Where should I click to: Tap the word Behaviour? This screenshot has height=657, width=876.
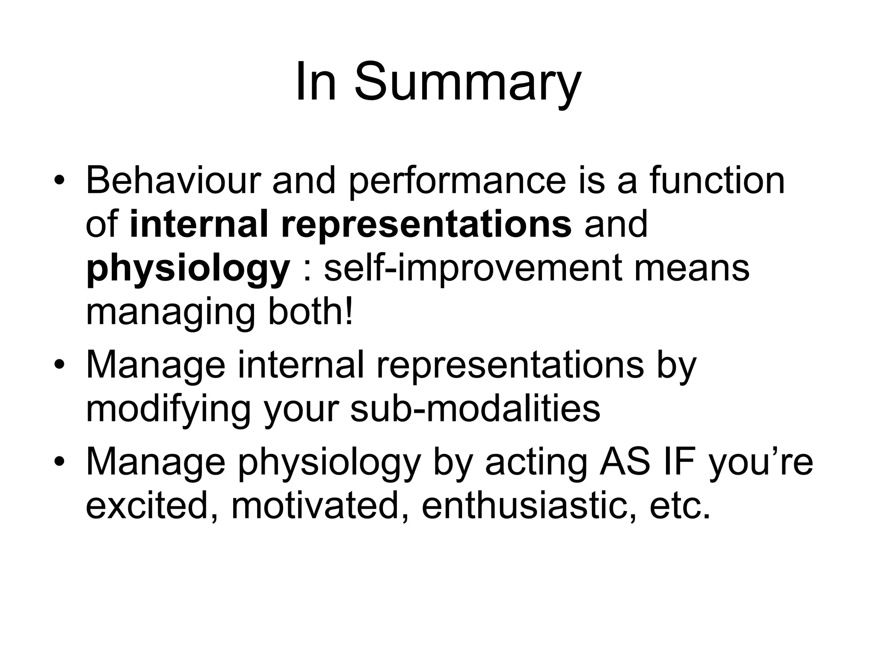click(x=173, y=180)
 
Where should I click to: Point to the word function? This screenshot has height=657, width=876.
click(x=717, y=180)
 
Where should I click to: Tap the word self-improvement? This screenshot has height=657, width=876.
click(x=474, y=269)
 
